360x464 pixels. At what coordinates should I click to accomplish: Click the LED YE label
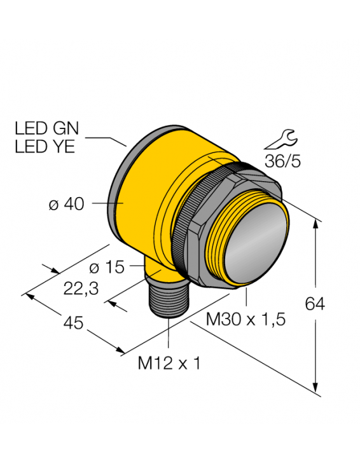[44, 147]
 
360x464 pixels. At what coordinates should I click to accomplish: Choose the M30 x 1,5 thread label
[246, 320]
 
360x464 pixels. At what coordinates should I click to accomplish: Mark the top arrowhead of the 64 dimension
[316, 223]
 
